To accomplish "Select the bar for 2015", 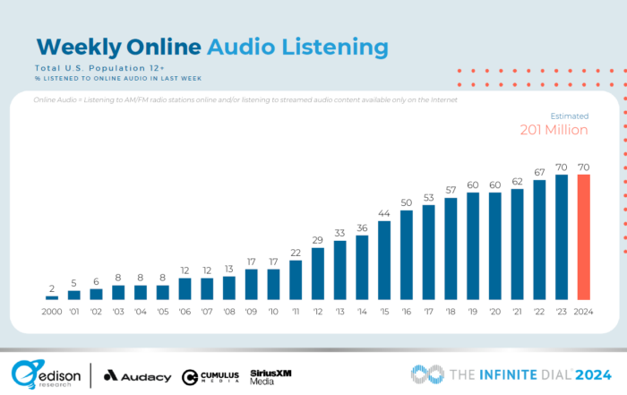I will click(x=385, y=260).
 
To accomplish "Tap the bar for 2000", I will click(x=52, y=296).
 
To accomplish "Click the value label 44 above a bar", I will click(x=385, y=215).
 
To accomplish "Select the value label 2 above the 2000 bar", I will click(x=52, y=288).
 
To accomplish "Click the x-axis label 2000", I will click(x=52, y=313).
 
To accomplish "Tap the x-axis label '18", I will click(x=451, y=313).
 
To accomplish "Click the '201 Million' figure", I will click(x=554, y=130).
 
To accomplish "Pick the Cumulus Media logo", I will click(x=211, y=376).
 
